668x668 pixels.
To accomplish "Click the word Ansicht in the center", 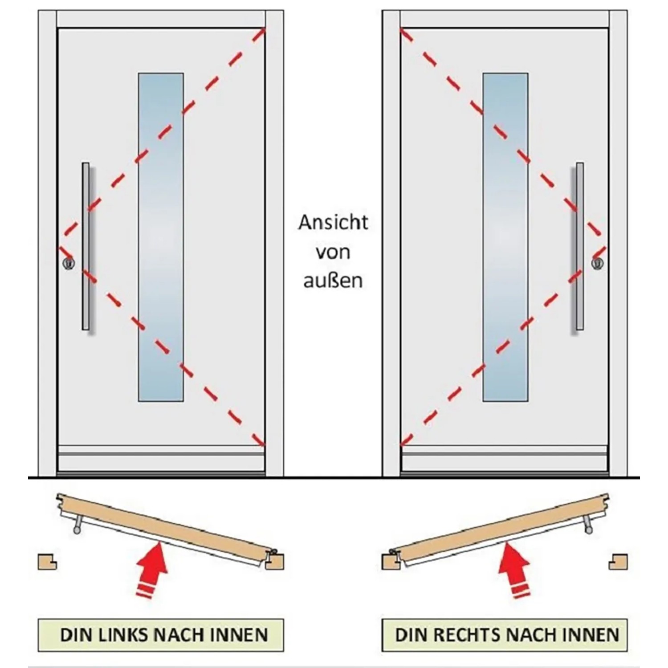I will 333,223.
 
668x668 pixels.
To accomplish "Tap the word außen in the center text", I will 333,281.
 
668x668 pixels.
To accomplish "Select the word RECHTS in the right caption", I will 466,635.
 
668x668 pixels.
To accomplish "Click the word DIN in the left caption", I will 75,635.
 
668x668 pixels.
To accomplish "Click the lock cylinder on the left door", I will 69,263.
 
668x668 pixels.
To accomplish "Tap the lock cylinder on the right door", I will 597,263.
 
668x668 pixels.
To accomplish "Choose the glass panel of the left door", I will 161,237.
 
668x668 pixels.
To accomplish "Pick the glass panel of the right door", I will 505,237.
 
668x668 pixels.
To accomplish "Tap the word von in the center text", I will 333,252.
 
